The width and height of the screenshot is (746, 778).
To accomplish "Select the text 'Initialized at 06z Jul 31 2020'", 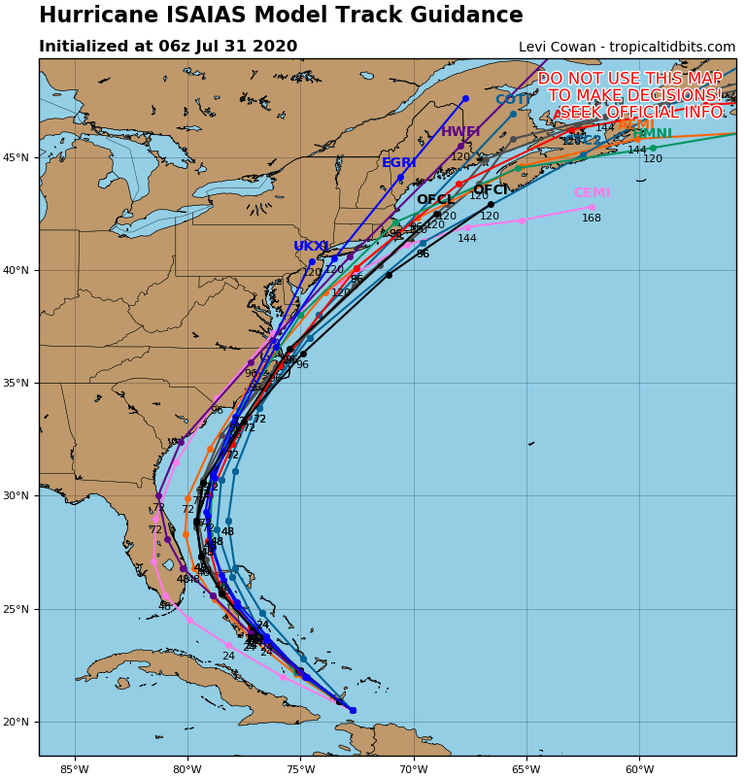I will [168, 47].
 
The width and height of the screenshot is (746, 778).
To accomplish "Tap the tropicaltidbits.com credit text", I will [627, 48].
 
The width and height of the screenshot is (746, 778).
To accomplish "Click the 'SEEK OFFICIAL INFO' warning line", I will [641, 113].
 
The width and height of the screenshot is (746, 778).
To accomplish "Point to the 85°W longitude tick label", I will [74, 771].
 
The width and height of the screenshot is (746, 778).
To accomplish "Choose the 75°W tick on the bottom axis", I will [300, 771].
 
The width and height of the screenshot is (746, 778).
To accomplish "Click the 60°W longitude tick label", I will [639, 771].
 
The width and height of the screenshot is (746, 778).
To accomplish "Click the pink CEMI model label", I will [592, 193].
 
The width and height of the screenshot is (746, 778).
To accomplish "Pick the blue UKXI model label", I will [311, 247].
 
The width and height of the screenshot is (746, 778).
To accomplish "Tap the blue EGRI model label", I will [398, 163].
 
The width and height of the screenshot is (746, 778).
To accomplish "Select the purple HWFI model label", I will [460, 132].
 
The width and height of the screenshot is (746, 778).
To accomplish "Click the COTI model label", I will [512, 100].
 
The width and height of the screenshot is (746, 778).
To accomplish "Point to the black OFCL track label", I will [434, 200].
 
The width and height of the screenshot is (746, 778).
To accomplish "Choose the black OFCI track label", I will [491, 190].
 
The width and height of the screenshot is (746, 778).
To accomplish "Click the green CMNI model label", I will [653, 134].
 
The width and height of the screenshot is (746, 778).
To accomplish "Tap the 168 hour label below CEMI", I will [592, 219].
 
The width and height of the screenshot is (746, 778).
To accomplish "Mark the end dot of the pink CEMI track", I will [592, 207].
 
